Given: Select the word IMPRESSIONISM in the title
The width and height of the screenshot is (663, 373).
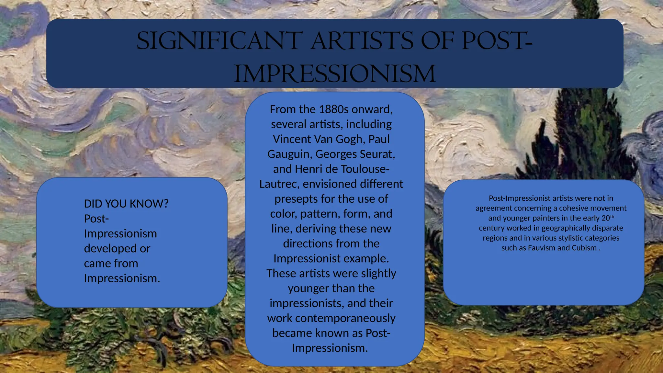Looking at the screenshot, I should tap(334, 74).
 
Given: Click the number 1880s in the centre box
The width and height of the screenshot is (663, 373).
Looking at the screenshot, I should tap(334, 109).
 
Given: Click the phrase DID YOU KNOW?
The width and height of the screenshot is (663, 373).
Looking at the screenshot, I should tap(126, 204).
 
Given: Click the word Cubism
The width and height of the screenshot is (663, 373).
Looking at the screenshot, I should tap(584, 248).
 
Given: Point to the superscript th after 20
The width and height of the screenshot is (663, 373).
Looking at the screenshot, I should tap(612, 216).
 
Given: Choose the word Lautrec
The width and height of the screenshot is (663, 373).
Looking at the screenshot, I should tap(279, 184).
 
